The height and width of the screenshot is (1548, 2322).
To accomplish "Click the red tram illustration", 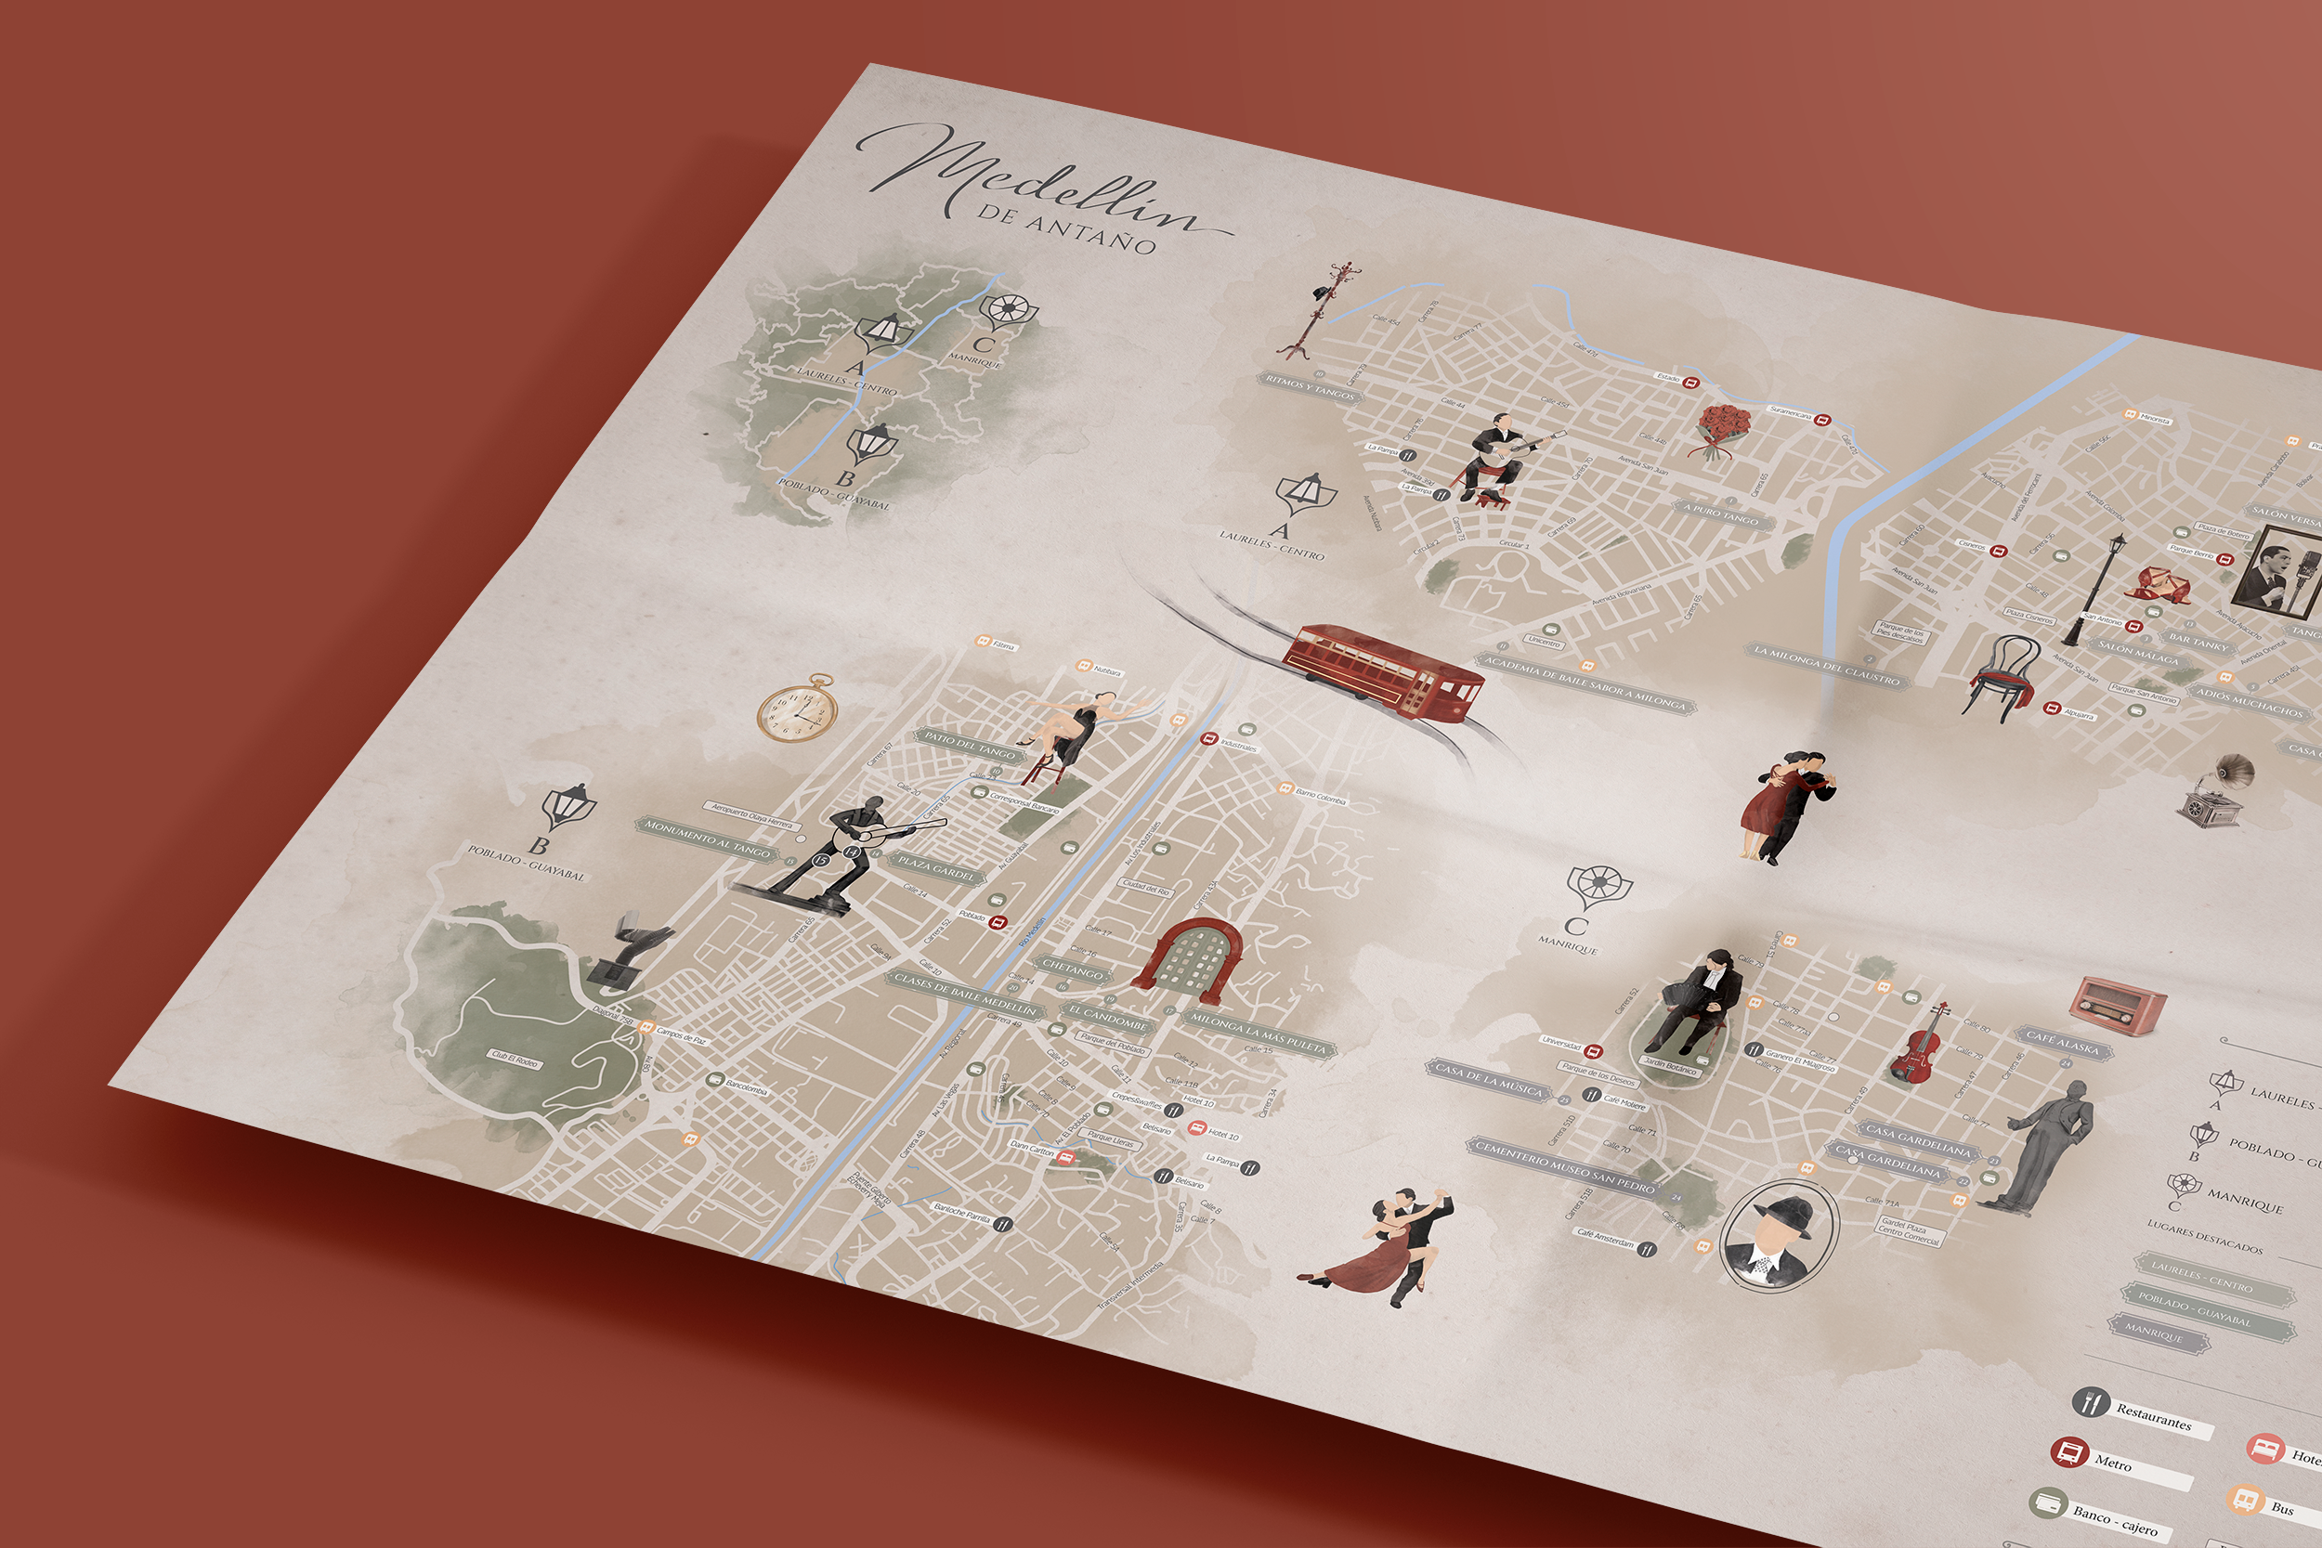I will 1382,669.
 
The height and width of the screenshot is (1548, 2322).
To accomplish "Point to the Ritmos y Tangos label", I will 1311,388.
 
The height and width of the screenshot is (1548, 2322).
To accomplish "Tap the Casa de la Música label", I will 1488,1080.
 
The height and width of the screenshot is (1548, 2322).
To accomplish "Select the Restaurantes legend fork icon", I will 2090,1402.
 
